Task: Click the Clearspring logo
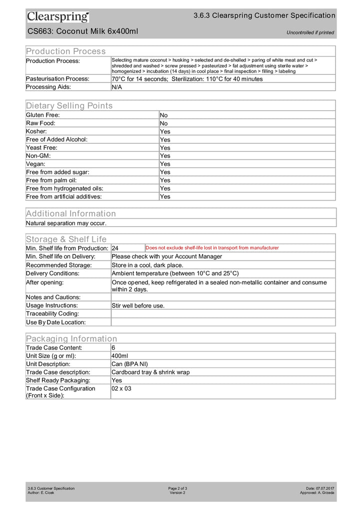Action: (x=58, y=17)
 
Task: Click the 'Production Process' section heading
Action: (x=66, y=51)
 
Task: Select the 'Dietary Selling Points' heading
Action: (x=69, y=105)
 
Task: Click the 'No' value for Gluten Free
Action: (x=163, y=115)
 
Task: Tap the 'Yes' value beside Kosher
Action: (x=165, y=131)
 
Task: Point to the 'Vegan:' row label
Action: (x=36, y=164)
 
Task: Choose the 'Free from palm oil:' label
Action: (x=51, y=180)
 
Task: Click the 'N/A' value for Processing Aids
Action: (x=116, y=87)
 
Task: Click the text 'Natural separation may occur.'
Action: (x=66, y=223)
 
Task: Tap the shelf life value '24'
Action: (x=115, y=248)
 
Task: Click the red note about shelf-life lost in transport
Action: (x=212, y=248)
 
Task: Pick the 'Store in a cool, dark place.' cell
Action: (x=147, y=265)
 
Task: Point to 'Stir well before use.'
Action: (x=138, y=305)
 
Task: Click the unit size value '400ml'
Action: (x=120, y=355)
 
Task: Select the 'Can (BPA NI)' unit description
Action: (x=129, y=364)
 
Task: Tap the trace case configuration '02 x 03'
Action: (x=121, y=388)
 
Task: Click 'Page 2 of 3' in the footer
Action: (x=177, y=488)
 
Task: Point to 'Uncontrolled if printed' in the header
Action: (x=310, y=32)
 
